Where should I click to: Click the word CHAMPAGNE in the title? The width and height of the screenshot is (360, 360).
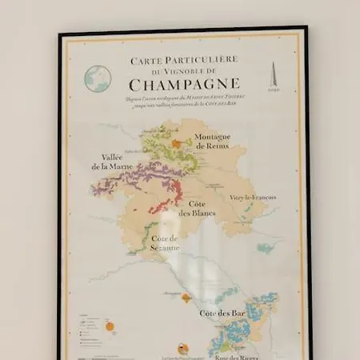click(184, 83)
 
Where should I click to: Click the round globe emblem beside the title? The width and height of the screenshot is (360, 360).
click(98, 78)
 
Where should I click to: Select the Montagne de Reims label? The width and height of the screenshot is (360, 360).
click(213, 142)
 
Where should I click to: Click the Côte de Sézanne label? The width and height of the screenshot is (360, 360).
click(164, 243)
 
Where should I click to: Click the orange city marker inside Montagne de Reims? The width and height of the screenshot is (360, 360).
click(177, 144)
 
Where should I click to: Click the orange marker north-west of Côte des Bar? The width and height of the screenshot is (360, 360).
click(186, 298)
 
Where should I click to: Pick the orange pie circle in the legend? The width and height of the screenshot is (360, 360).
click(110, 326)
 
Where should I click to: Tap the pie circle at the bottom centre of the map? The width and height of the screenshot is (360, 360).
click(183, 348)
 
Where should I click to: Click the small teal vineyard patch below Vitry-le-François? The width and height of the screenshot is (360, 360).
click(265, 248)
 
